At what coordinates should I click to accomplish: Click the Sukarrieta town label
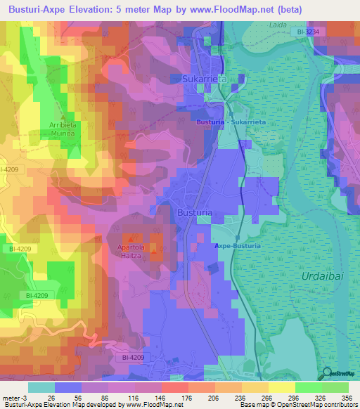[x=205, y=79]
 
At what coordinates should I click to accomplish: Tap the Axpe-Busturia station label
[x=238, y=246]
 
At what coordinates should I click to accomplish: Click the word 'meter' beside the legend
[x=10, y=397]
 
